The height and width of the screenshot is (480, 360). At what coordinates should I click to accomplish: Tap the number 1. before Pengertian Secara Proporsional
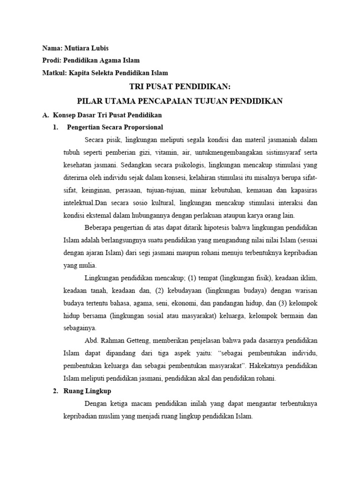click(55, 127)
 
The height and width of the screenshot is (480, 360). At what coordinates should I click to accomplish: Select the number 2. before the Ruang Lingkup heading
click(55, 390)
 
